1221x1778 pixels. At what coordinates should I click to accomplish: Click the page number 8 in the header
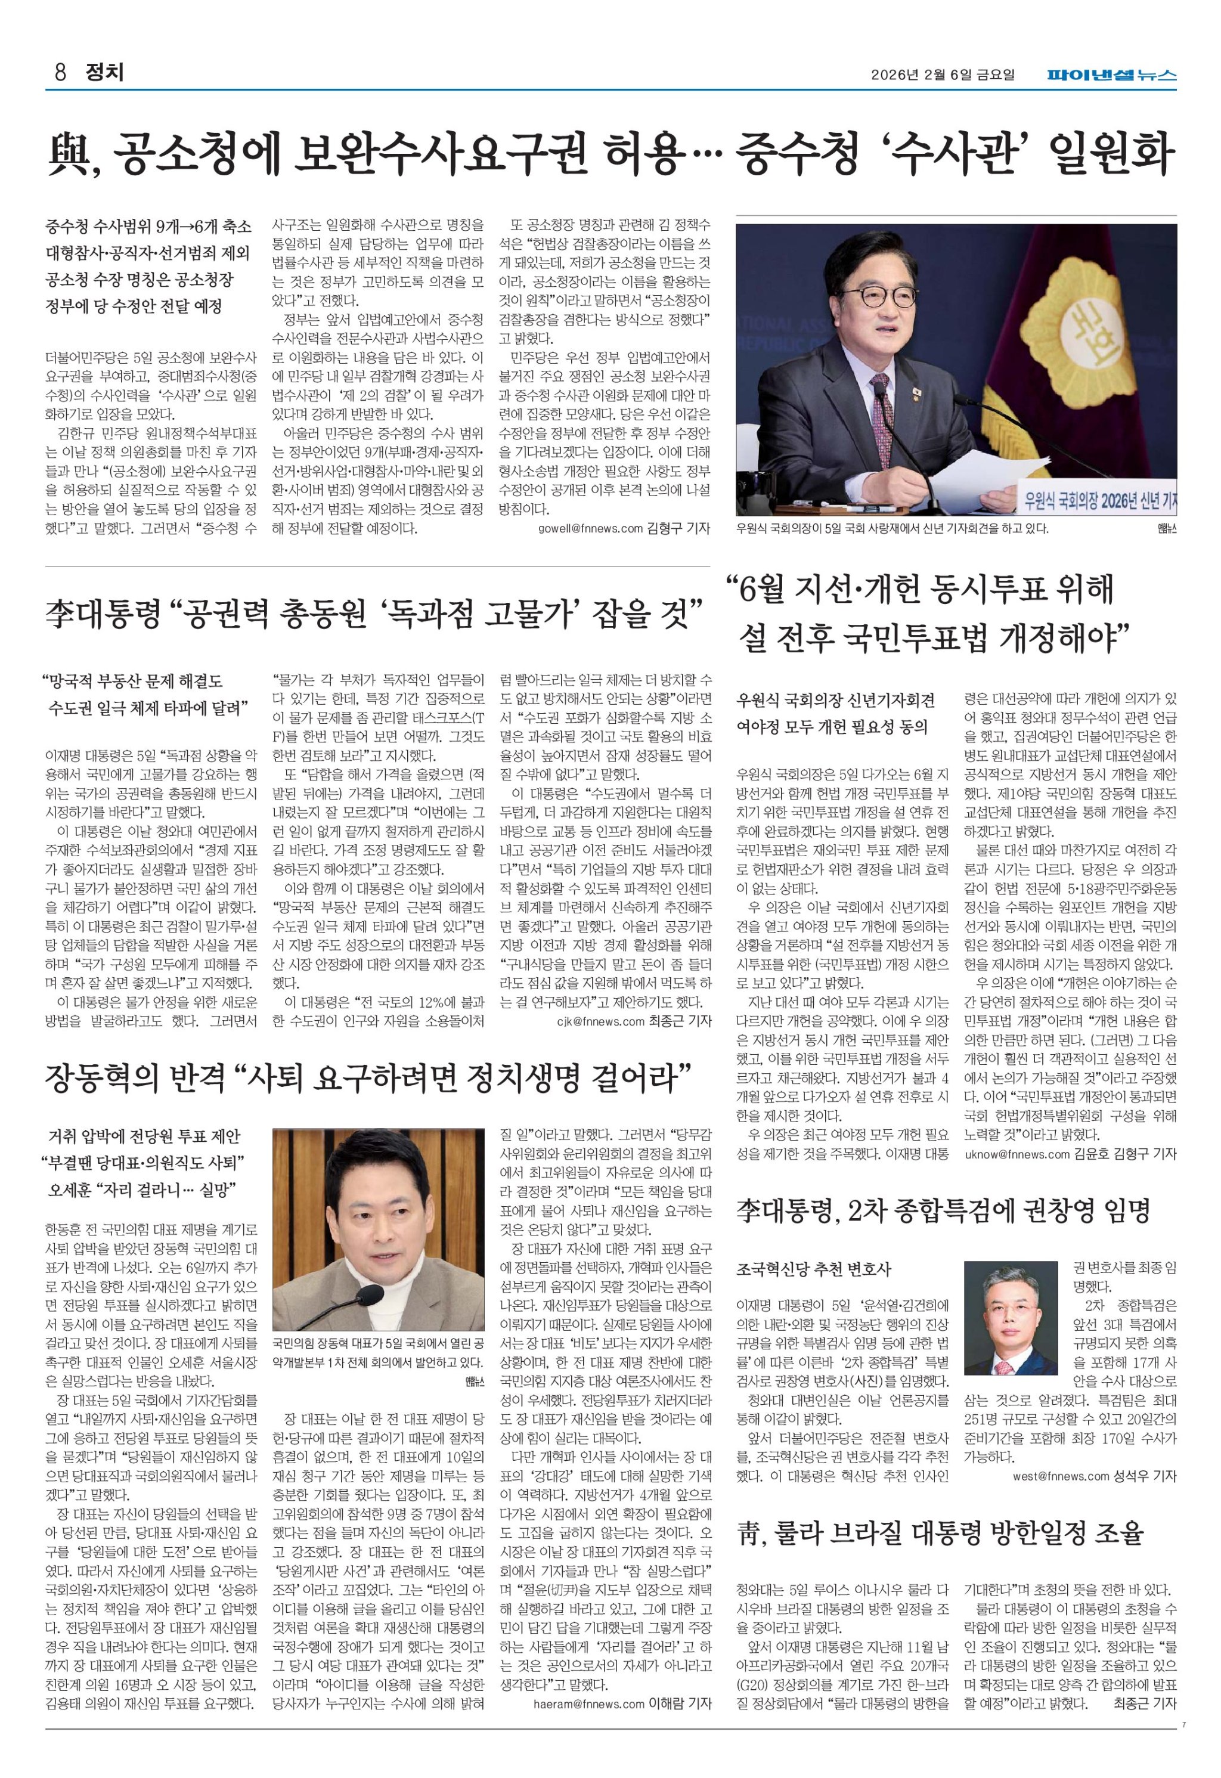(60, 73)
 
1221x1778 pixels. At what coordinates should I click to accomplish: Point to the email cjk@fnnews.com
(602, 1021)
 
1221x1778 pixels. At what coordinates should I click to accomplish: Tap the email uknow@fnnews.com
(1017, 1154)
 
